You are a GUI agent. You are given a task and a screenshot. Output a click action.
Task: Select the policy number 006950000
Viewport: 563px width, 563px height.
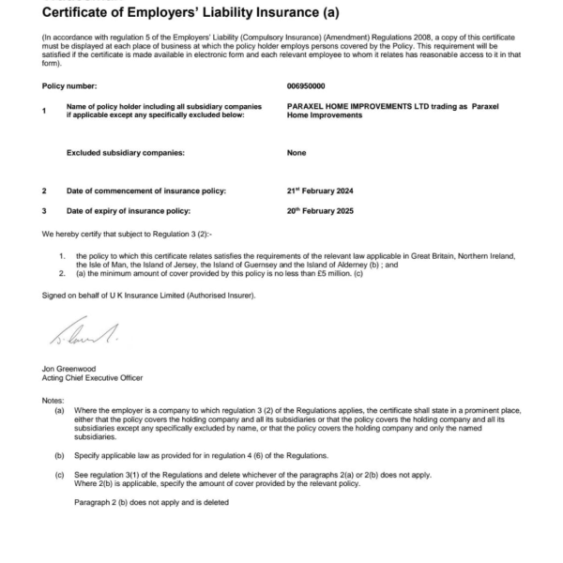coord(306,85)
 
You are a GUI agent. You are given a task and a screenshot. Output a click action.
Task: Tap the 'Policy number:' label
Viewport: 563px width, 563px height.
coord(69,85)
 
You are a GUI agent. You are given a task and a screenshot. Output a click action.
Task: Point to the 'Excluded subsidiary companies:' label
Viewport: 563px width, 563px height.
coord(125,152)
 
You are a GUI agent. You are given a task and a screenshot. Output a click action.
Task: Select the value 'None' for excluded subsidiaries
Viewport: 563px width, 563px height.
coord(297,152)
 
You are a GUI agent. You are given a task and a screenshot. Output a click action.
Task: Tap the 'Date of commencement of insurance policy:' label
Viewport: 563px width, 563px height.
coord(145,190)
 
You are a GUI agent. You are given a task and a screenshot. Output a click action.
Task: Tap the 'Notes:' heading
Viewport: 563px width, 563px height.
coord(53,401)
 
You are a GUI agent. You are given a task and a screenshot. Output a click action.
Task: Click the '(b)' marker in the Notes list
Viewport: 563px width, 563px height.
coord(60,454)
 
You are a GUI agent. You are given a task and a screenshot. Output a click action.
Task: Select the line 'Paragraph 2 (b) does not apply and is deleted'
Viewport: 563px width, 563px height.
coord(150,502)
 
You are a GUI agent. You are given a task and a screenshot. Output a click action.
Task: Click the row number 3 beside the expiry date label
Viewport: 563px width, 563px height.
coord(44,210)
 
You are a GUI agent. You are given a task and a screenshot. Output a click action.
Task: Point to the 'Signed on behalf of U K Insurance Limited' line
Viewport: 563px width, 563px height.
coord(148,295)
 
